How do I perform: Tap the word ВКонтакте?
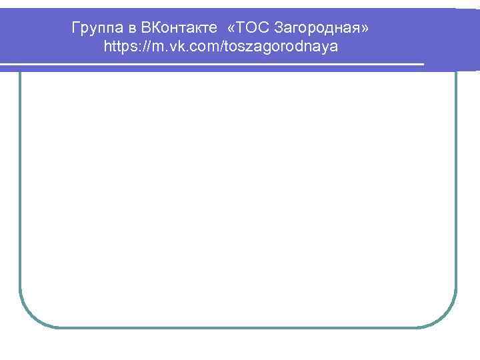[x=179, y=29]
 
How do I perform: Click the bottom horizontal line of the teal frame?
[x=238, y=327]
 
